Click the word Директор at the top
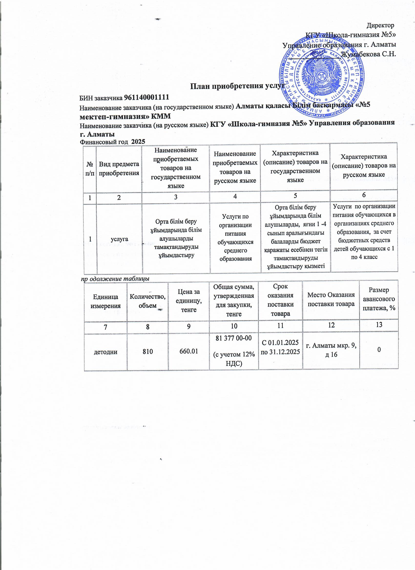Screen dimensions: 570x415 (x=380, y=25)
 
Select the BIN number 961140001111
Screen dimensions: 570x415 (x=146, y=97)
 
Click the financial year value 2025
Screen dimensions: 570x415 (x=138, y=141)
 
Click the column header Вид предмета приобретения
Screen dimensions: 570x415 (x=119, y=168)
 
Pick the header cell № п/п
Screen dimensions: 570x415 (x=90, y=169)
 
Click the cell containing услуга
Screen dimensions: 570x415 (x=119, y=239)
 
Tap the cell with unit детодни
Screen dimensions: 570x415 (x=105, y=352)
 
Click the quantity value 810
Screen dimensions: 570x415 (x=148, y=351)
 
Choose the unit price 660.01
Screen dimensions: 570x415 (x=189, y=351)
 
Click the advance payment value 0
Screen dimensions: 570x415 (x=379, y=349)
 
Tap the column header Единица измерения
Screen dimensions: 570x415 (x=105, y=301)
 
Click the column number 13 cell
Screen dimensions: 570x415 (x=379, y=325)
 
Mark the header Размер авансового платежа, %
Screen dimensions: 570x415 (x=379, y=299)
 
